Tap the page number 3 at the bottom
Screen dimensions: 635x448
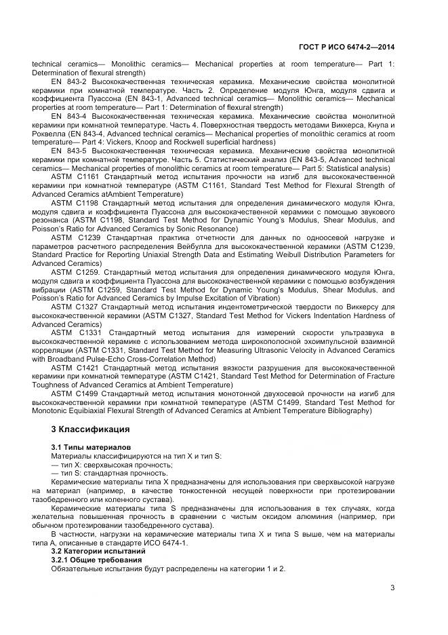[392, 588]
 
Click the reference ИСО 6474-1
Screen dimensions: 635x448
[165, 543]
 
